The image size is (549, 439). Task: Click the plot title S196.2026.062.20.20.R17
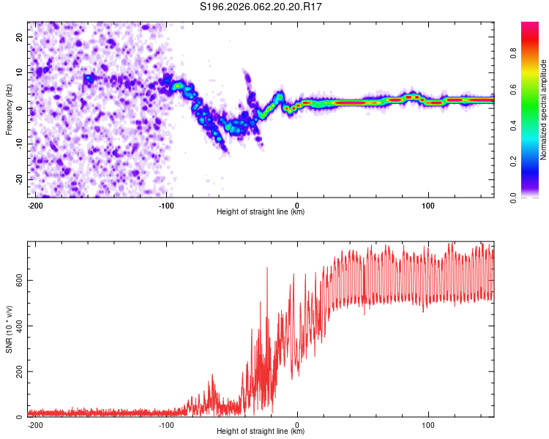pos(261,7)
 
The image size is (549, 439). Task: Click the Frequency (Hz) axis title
pos(9,109)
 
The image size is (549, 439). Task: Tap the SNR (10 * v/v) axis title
pos(9,329)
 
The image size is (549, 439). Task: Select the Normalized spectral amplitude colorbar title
pos(544,110)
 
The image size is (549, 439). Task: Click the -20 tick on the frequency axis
pos(20,179)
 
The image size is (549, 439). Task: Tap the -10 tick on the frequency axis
pos(20,143)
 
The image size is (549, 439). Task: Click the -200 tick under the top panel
pos(35,205)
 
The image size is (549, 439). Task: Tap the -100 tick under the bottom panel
pos(166,424)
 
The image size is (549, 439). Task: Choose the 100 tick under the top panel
pos(427,205)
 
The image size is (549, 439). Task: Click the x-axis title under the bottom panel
pos(261,432)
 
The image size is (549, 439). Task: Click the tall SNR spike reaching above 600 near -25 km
pos(266,269)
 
